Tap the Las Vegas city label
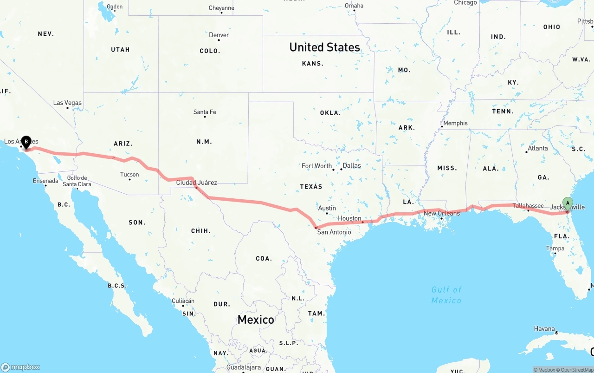coord(67,103)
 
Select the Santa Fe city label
coord(205,112)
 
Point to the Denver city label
coord(219,35)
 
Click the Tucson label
coord(129,175)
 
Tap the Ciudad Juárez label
coord(196,183)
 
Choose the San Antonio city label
coord(334,232)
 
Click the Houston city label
coord(349,218)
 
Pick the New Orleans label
coord(442,213)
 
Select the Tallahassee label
coord(528,206)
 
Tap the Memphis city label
coord(455,123)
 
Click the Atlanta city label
coord(537,148)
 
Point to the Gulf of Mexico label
coord(446,295)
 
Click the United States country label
coord(324,47)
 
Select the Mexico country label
coord(256,319)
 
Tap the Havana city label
coord(544,328)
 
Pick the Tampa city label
coord(555,248)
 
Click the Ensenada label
coord(45,181)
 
